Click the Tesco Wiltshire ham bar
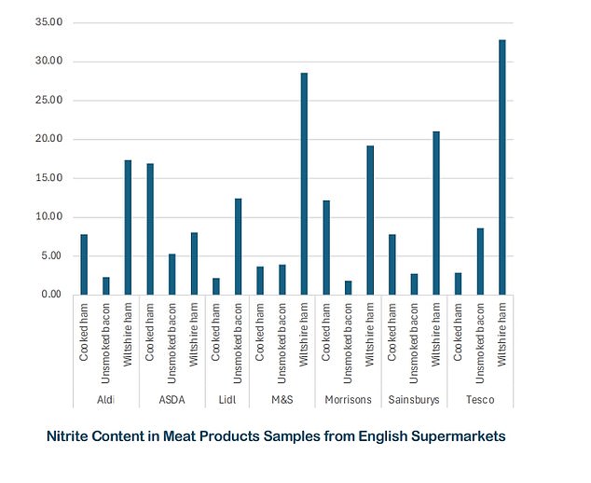pos(502,168)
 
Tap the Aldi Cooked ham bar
pos(84,265)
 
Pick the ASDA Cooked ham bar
pos(150,229)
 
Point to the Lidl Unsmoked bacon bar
pos(238,247)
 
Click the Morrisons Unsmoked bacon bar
pos(348,288)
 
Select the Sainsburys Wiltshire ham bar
pos(435,214)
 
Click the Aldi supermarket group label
pos(106,400)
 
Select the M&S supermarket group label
pos(282,400)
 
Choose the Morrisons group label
pos(348,400)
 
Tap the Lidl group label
pos(227,400)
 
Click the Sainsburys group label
pos(414,400)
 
